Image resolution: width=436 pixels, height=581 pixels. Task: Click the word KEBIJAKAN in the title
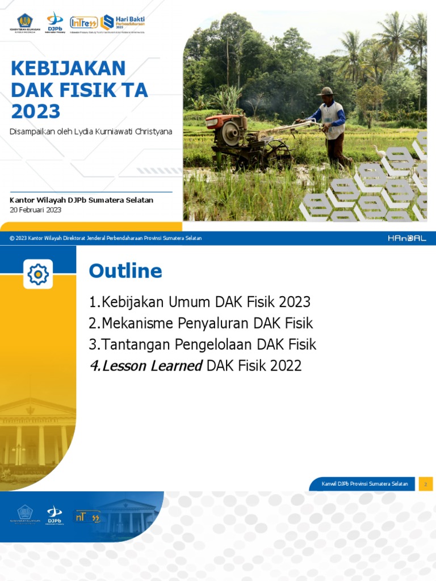[x=68, y=69]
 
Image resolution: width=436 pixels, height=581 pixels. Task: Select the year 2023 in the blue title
[x=35, y=111]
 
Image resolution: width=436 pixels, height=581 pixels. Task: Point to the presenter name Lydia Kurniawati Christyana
[x=131, y=132]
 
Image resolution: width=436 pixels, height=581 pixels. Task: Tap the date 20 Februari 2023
[x=36, y=210]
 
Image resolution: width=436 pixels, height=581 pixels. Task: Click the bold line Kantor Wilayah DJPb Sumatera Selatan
[x=82, y=200]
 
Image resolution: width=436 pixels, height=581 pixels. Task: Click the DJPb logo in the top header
[x=54, y=23]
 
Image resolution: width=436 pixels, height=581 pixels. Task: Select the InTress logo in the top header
[x=83, y=23]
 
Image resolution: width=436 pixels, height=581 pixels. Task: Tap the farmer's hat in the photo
[x=326, y=91]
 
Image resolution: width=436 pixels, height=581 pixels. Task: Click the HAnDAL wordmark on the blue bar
[x=407, y=238]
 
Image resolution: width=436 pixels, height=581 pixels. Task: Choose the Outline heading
[x=125, y=271]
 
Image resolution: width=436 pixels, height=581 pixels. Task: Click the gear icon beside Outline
[x=38, y=275]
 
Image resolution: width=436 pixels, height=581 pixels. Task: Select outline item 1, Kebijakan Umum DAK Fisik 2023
[x=200, y=302]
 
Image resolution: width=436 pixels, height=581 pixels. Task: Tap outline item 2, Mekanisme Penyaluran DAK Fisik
[x=201, y=323]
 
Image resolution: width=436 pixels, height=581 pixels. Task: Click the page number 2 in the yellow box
[x=426, y=484]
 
